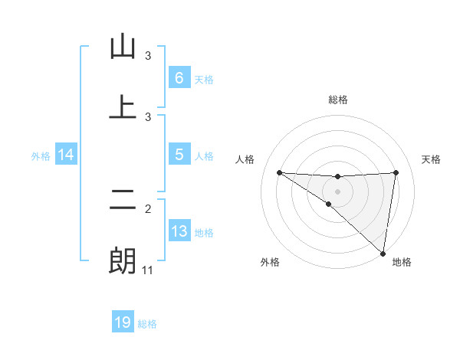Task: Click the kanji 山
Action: [123, 47]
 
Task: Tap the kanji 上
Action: [123, 107]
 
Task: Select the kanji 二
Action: [123, 201]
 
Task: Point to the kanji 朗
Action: [123, 260]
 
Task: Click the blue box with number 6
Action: [179, 77]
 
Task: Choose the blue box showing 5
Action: [179, 154]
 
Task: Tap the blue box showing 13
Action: [179, 231]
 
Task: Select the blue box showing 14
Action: [66, 155]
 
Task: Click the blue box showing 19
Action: [123, 322]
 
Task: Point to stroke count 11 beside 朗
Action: [148, 270]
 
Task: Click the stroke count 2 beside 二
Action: [148, 208]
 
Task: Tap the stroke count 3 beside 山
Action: [148, 56]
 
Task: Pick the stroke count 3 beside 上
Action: [148, 116]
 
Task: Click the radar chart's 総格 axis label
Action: [338, 100]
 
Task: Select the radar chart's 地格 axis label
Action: [402, 262]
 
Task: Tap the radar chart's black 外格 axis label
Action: [270, 262]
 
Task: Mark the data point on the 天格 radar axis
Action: [396, 172]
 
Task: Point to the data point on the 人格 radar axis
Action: [279, 172]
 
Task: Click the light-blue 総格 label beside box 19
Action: [147, 324]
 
